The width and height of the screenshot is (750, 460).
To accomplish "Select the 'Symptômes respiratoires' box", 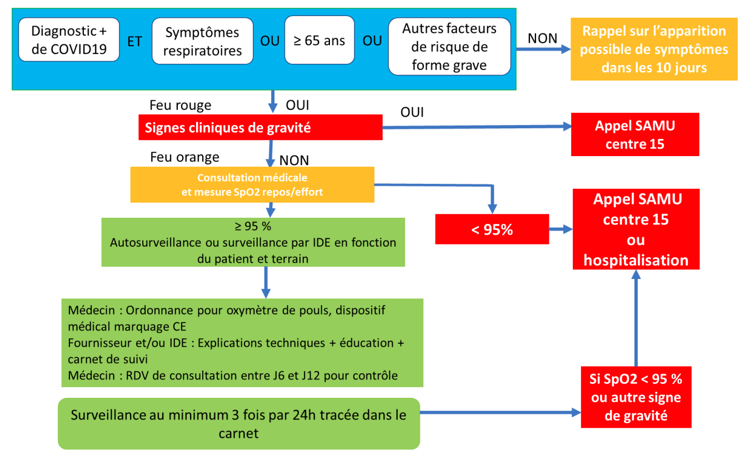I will (x=202, y=41).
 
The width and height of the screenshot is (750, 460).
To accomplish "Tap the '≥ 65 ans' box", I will (x=319, y=41).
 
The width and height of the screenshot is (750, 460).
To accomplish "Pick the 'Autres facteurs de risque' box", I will (x=449, y=47).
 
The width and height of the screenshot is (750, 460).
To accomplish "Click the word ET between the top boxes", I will (x=134, y=41).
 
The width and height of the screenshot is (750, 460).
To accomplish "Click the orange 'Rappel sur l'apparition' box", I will (x=654, y=49).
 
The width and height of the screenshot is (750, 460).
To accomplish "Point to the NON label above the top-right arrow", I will (x=542, y=38).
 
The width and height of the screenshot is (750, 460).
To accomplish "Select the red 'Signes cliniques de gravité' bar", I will (x=260, y=128).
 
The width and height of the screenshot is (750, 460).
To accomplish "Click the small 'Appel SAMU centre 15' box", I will (x=635, y=135).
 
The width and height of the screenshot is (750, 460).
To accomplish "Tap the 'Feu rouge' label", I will (x=181, y=105).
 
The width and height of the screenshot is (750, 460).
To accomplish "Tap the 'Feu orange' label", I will (x=184, y=157).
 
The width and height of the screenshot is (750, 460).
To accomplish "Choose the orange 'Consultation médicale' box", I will (x=253, y=185).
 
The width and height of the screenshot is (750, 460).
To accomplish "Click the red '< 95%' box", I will (x=491, y=229).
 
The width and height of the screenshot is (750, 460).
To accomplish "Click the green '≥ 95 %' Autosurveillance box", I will (x=253, y=242).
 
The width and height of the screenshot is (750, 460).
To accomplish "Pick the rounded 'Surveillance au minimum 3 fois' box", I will (x=239, y=423).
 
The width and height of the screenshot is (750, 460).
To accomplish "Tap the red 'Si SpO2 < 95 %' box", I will (x=636, y=397).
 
